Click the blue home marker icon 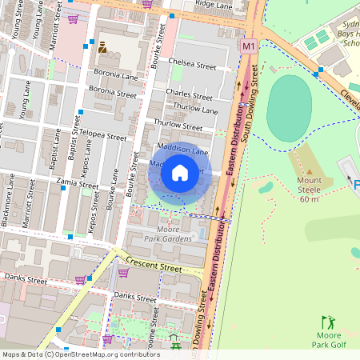point(180,173)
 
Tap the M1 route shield point(249,48)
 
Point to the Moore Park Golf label point(328,339)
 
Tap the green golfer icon point(328,322)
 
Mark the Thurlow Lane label point(197,110)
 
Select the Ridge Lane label point(214,5)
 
